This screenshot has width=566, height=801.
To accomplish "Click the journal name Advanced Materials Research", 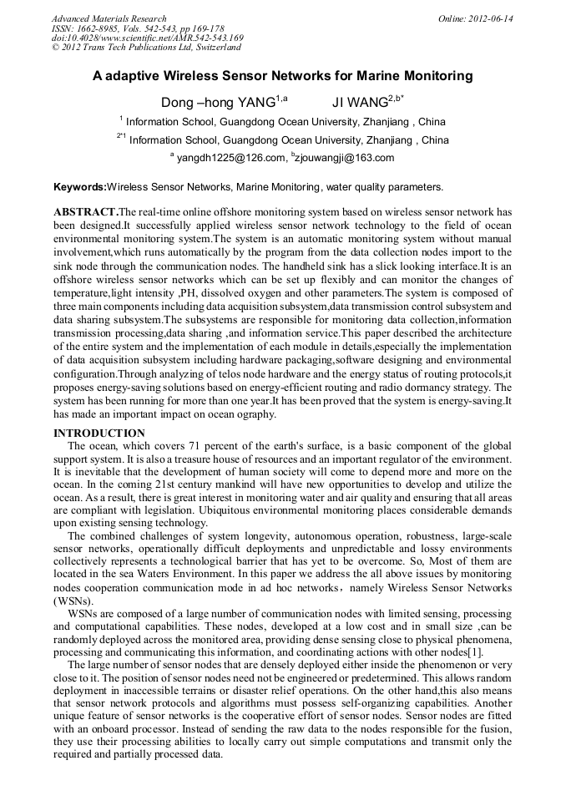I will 109,18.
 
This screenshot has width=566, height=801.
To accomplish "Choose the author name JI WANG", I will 359,103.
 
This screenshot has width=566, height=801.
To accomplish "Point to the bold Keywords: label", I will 80,187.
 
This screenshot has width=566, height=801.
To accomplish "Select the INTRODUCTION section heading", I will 99,433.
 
